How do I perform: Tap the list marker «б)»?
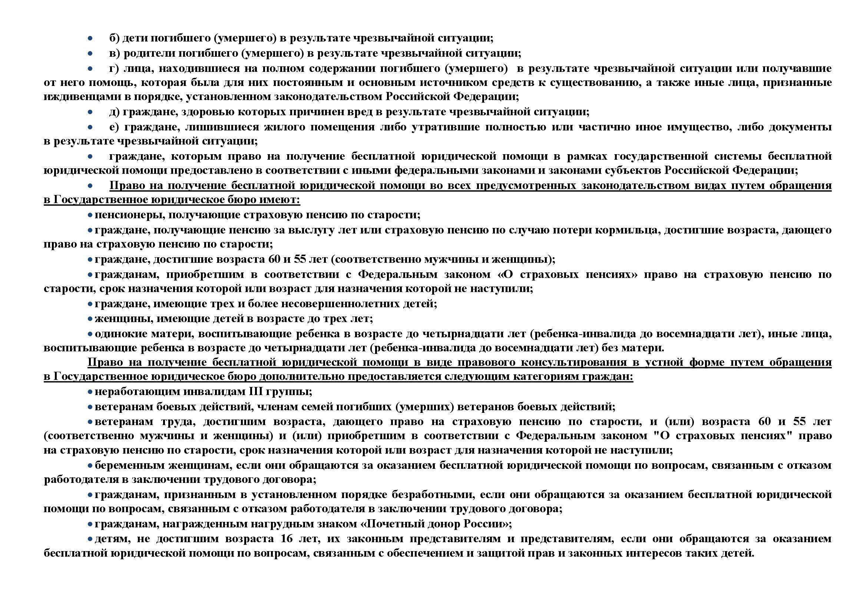(114, 39)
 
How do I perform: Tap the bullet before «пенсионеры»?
(90, 215)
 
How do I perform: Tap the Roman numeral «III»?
(257, 392)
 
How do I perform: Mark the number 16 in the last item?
(287, 539)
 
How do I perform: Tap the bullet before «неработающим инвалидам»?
(90, 392)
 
